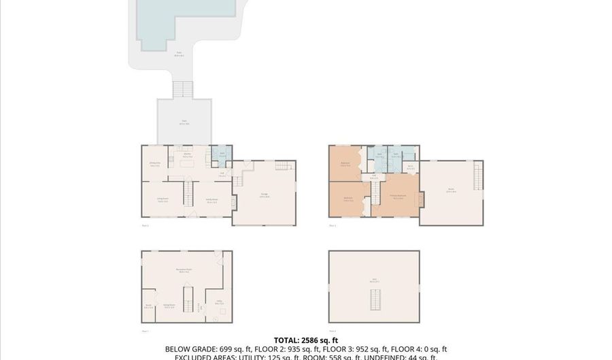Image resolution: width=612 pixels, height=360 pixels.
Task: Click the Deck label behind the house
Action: pyautogui.click(x=184, y=124)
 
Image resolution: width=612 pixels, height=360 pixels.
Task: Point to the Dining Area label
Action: pyautogui.click(x=155, y=164)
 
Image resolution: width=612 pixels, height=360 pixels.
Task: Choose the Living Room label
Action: pyautogui.click(x=163, y=201)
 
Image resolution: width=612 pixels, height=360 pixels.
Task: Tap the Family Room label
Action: pyautogui.click(x=211, y=200)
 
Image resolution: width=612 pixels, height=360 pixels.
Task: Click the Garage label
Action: pyautogui.click(x=264, y=195)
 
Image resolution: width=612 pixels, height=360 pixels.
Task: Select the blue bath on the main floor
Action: pyautogui.click(x=222, y=154)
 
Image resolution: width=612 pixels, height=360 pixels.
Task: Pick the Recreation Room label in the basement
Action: pyautogui.click(x=184, y=272)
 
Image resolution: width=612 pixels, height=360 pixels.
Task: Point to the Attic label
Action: pyautogui.click(x=373, y=280)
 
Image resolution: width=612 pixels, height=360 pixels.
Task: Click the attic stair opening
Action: pyautogui.click(x=373, y=299)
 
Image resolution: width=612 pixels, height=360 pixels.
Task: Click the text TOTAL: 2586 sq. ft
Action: pyautogui.click(x=305, y=340)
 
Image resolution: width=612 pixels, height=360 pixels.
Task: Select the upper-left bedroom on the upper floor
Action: pyautogui.click(x=346, y=164)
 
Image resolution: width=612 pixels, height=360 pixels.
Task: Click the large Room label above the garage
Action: pyautogui.click(x=450, y=191)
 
